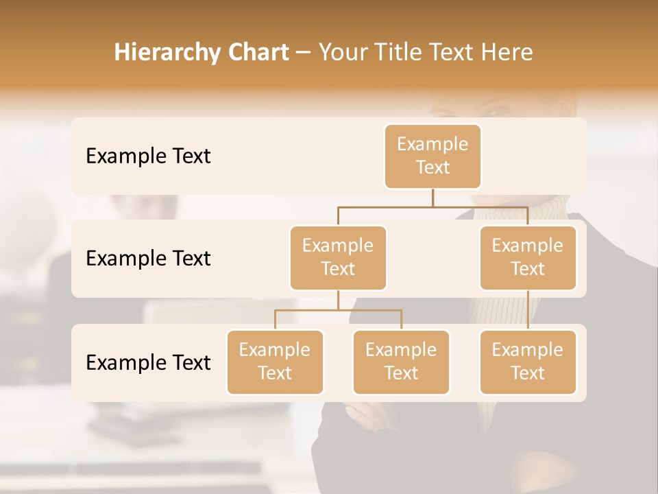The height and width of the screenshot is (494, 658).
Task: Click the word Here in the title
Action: click(x=507, y=53)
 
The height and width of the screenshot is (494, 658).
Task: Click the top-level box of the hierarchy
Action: click(x=432, y=156)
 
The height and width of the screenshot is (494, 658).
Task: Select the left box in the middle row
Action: click(x=338, y=258)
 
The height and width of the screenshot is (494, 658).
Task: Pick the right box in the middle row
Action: click(x=528, y=258)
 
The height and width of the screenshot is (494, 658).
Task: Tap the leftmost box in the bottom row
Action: click(x=275, y=362)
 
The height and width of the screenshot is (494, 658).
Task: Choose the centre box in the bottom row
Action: click(x=401, y=362)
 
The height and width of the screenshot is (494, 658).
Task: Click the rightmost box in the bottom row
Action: click(x=528, y=362)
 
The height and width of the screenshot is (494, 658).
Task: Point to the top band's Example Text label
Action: click(x=148, y=156)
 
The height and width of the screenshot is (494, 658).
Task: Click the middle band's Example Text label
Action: click(x=148, y=259)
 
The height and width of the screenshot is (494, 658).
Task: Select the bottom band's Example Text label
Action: click(x=148, y=363)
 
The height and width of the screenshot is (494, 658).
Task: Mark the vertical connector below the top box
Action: click(x=432, y=198)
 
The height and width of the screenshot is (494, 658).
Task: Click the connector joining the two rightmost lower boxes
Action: click(x=528, y=310)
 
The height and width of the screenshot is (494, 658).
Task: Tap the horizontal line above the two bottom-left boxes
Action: click(x=338, y=310)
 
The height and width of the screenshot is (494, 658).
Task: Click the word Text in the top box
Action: click(x=432, y=168)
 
